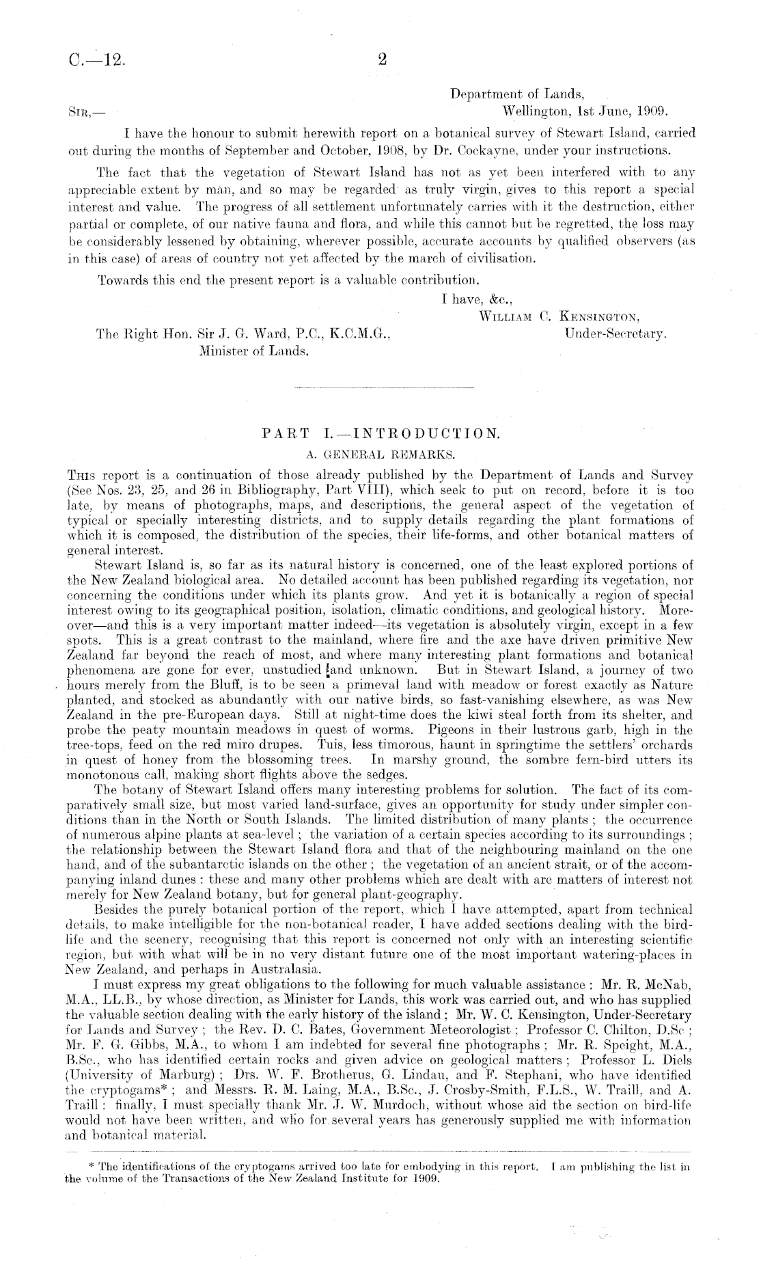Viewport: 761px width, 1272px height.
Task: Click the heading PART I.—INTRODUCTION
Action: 381,433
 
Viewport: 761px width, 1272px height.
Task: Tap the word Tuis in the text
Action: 331,742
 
